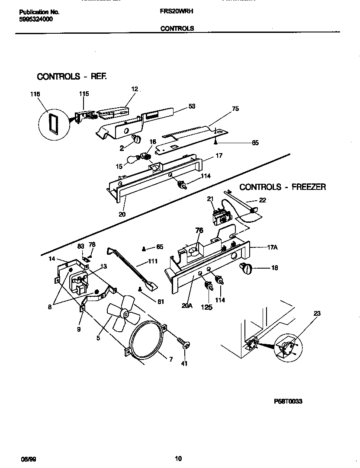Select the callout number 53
coord(192,106)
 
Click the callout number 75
coord(235,109)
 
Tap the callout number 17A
coord(272,247)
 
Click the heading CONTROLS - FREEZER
coord(283,187)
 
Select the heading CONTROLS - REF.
coord(71,77)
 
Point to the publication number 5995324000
coord(37,19)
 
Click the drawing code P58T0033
coord(288,401)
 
